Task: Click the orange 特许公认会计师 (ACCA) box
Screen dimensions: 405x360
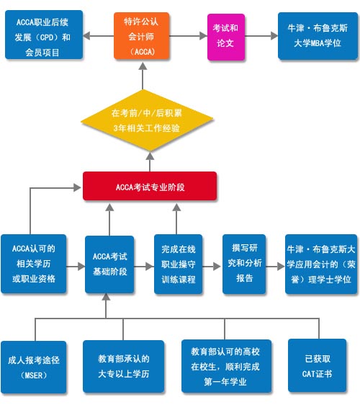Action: (x=144, y=36)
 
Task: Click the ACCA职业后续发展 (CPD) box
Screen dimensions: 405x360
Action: (x=42, y=35)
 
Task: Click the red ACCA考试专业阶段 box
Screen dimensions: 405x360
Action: (x=149, y=187)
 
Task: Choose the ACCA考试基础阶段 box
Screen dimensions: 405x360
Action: (x=109, y=264)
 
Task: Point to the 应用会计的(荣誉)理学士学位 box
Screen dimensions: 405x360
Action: (x=319, y=264)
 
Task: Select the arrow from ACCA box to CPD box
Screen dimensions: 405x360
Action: (x=96, y=35)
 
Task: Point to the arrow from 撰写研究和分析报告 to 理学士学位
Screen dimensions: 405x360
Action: (x=276, y=265)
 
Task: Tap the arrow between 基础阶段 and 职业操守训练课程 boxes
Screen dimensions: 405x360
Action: (x=144, y=265)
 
